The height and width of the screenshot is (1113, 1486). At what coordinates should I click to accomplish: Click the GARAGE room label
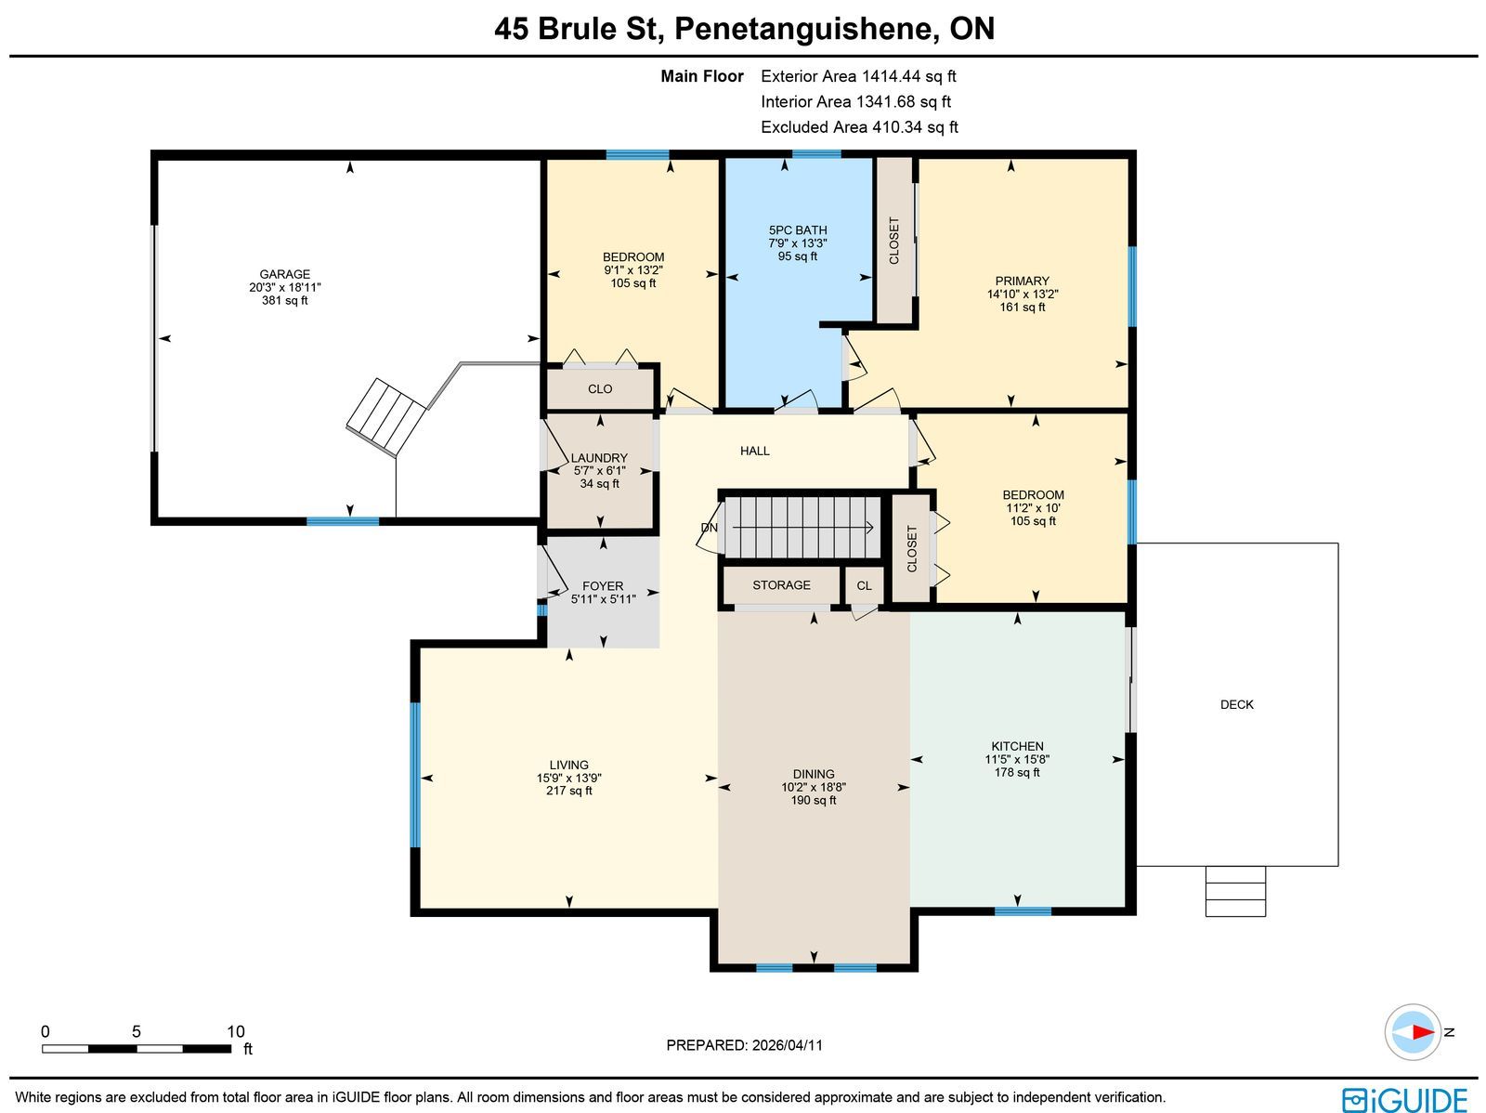tap(284, 274)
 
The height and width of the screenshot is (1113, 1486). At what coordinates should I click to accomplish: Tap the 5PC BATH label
tap(798, 230)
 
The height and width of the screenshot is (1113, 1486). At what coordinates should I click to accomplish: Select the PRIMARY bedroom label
tap(1022, 281)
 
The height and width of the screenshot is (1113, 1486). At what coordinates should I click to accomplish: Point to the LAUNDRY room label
tap(599, 458)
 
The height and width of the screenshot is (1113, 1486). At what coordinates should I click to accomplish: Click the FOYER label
tap(603, 586)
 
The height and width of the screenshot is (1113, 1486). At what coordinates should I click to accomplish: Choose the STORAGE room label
tap(781, 585)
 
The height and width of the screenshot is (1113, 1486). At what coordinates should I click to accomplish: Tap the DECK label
tap(1236, 705)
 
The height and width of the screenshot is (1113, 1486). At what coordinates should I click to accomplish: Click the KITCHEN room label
tap(1017, 746)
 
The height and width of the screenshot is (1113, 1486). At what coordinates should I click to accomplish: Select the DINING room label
tap(813, 774)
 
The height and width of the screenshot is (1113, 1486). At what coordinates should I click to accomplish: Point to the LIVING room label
tap(568, 765)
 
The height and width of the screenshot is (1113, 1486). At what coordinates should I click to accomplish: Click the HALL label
tap(754, 451)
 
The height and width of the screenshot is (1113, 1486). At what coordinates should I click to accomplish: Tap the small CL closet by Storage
tap(864, 585)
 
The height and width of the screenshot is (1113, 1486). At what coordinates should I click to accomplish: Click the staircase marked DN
tap(802, 528)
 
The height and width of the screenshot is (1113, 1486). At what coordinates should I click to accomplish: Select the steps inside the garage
tap(385, 417)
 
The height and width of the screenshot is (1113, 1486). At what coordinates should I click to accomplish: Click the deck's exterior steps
tap(1235, 891)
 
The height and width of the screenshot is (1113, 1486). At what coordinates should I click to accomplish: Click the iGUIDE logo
tap(1404, 1099)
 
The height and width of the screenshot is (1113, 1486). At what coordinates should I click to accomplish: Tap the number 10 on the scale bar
tap(235, 1031)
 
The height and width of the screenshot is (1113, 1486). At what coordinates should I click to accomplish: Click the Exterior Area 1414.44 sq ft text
tap(858, 76)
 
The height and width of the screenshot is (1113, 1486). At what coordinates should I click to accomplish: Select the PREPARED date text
tap(744, 1044)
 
